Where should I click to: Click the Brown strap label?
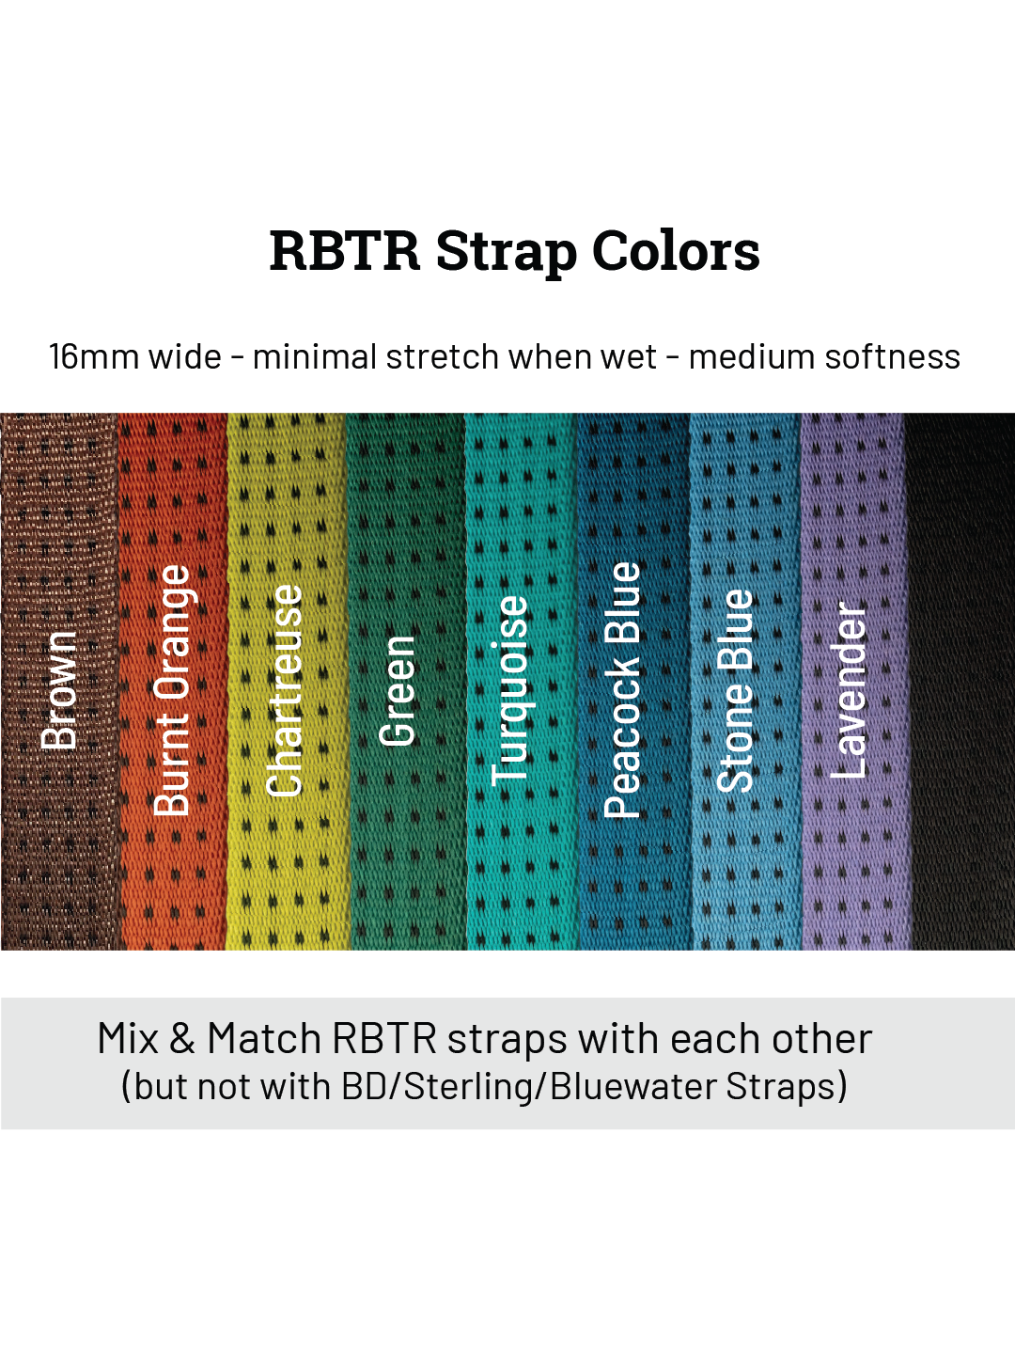(59, 690)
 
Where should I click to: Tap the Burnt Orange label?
(172, 690)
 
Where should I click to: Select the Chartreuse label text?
(285, 690)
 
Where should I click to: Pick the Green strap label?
(397, 690)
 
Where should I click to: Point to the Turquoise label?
(510, 690)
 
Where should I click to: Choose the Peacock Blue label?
(622, 690)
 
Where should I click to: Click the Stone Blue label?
(736, 690)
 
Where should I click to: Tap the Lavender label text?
(849, 690)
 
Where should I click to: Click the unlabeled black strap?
(960, 681)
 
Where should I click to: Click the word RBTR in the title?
(344, 251)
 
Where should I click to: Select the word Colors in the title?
(676, 251)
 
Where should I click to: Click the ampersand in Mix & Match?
(182, 1040)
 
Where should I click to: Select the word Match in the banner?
(264, 1040)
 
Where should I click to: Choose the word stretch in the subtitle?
(442, 357)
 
